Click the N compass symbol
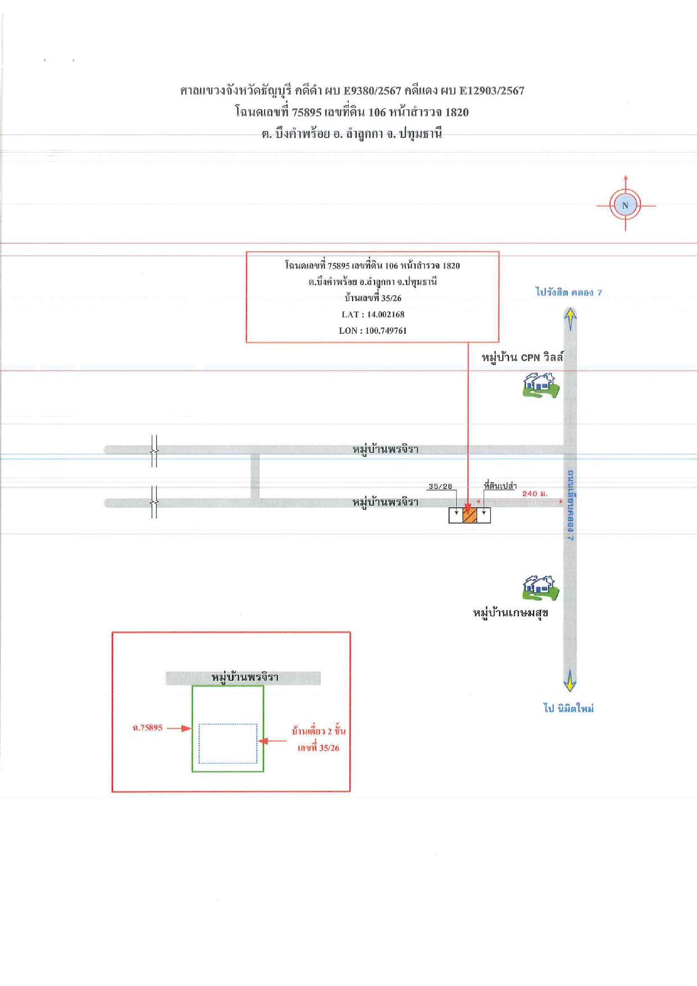coord(625,205)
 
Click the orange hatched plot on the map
coord(470,515)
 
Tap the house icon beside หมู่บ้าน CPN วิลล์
coord(540,385)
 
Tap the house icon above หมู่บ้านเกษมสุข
coord(540,588)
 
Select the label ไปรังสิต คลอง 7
coord(568,292)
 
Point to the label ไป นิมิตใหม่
coord(568,708)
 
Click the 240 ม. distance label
coord(535,493)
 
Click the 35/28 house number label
coord(440,487)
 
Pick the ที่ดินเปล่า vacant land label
coord(500,486)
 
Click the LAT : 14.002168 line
coord(373,315)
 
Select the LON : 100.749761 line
coord(373,331)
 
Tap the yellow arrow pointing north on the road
coord(570,319)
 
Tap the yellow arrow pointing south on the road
coord(570,680)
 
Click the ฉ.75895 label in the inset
coord(147,728)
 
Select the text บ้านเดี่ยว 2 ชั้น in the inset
coord(318,731)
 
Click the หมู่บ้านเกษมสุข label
coord(511,612)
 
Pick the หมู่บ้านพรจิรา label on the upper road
coord(385,449)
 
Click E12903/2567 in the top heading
coord(492,90)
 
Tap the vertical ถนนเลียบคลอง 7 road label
coord(570,506)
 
